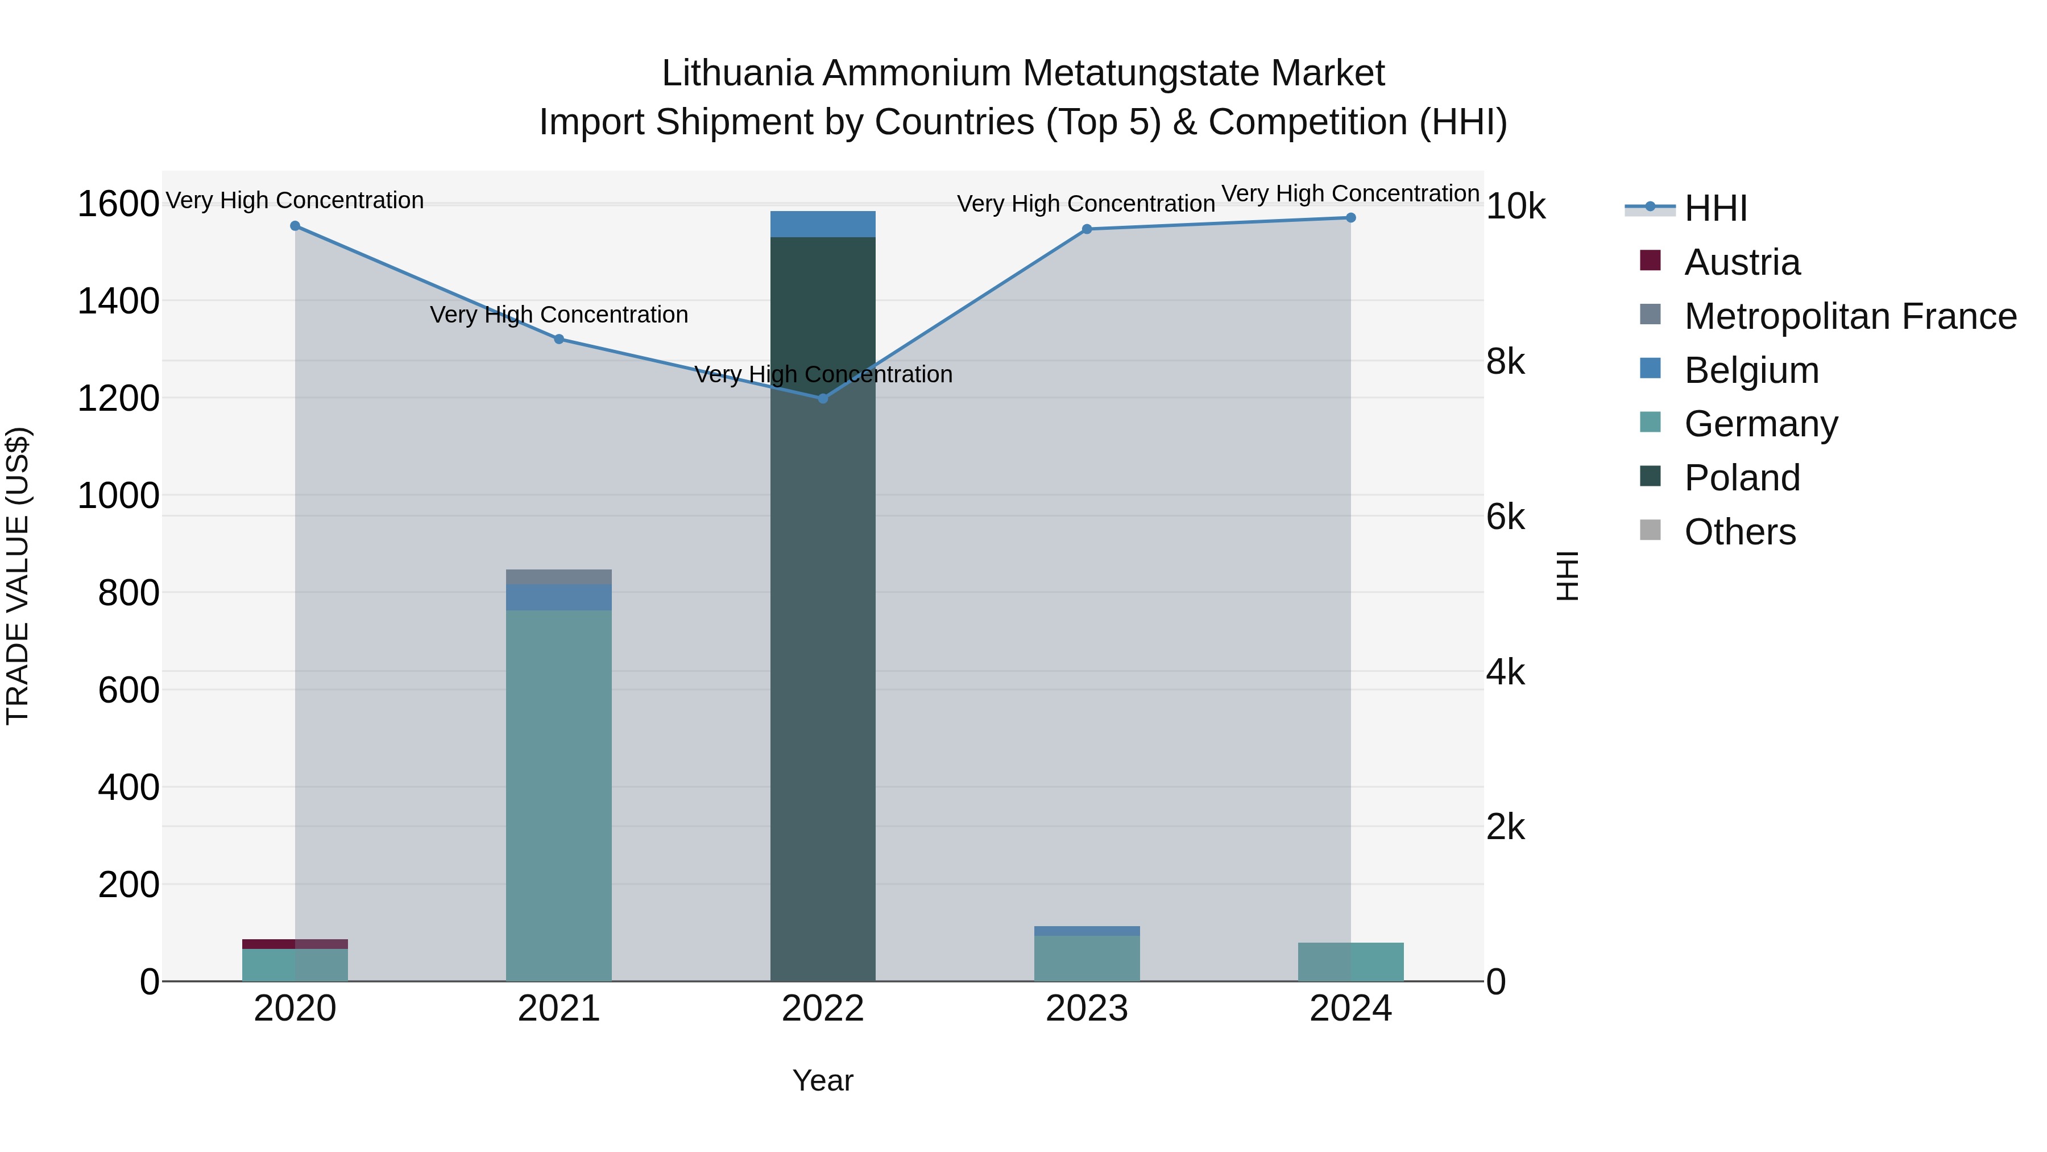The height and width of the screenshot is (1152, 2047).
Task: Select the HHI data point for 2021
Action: point(558,340)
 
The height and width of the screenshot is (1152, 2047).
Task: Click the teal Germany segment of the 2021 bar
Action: point(558,795)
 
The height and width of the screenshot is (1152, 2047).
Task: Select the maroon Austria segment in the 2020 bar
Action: point(295,944)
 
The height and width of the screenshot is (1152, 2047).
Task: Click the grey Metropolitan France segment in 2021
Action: point(558,576)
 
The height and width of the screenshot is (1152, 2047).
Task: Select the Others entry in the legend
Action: point(1739,532)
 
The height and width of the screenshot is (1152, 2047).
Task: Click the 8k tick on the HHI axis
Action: point(1505,362)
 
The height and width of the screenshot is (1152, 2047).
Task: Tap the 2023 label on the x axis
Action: point(1086,1009)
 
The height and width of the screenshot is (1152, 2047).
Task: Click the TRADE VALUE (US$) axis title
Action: point(18,576)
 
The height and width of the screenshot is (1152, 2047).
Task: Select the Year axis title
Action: point(822,1080)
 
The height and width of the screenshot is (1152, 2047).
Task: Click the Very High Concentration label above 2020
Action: point(295,200)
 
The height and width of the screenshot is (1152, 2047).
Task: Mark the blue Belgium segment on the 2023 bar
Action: point(1086,931)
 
